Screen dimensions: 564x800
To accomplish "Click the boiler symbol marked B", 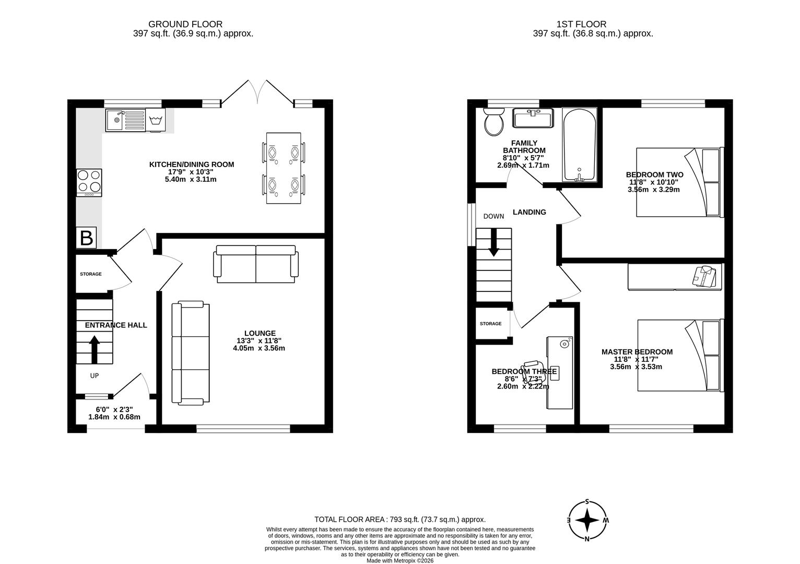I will (87, 238).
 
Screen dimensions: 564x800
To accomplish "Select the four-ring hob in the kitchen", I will (89, 182).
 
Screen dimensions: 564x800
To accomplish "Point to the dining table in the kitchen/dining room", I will (284, 168).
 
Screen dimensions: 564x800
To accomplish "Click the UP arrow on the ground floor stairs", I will (95, 349).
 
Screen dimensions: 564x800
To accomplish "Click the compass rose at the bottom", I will (588, 521).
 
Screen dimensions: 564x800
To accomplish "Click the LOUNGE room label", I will (260, 333).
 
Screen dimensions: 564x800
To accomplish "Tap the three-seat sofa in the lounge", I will (190, 354).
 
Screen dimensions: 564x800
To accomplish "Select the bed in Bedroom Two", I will (679, 182).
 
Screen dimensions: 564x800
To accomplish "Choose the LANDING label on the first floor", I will (529, 212).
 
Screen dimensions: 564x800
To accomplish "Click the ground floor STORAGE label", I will (91, 274).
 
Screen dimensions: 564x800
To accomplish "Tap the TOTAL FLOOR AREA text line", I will (399, 520).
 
